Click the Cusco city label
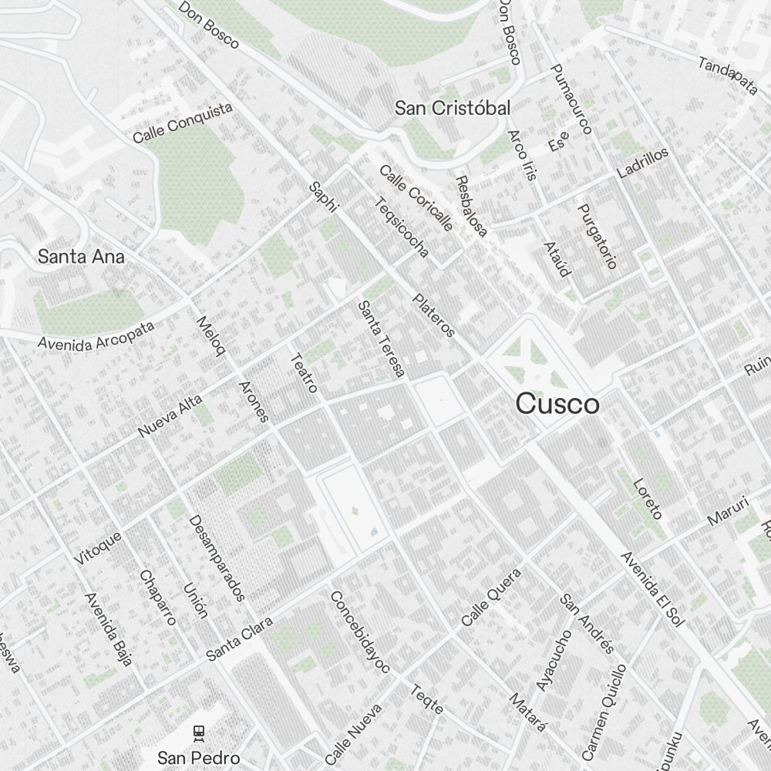pyautogui.click(x=557, y=404)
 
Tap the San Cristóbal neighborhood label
pyautogui.click(x=452, y=108)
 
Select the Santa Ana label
pyautogui.click(x=81, y=256)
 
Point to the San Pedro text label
pyautogui.click(x=199, y=757)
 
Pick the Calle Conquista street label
pyautogui.click(x=183, y=123)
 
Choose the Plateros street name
pyautogui.click(x=434, y=315)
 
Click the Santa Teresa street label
pyautogui.click(x=381, y=339)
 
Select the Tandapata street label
pyautogui.click(x=729, y=76)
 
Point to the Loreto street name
pyautogui.click(x=648, y=498)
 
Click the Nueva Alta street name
pyautogui.click(x=170, y=416)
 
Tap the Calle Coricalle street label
pyautogui.click(x=416, y=198)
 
